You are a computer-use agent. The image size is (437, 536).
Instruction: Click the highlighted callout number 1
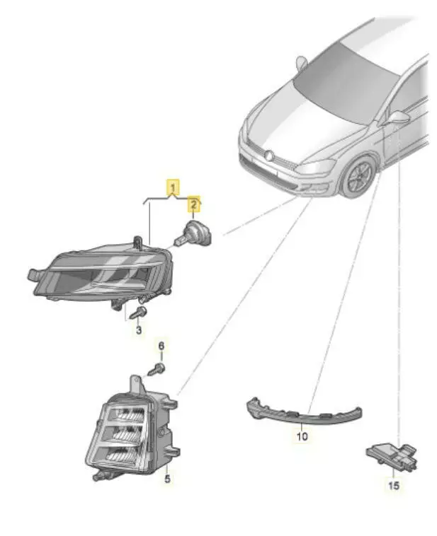174,187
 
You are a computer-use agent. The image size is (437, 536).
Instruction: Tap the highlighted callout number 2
194,205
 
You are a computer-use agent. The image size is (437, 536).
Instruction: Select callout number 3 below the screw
139,330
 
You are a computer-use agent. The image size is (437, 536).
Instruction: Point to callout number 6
161,346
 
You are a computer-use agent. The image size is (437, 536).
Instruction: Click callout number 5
167,479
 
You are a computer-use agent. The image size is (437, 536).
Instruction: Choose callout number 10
302,436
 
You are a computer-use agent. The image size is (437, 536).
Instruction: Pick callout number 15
394,485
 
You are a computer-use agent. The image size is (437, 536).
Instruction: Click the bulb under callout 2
193,234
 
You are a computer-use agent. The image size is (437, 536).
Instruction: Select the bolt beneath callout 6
157,369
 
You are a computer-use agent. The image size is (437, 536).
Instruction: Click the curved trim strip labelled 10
303,410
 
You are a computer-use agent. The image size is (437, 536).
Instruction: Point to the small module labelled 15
392,455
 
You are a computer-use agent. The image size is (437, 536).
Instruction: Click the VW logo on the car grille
269,156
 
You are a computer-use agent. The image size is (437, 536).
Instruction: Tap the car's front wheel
358,176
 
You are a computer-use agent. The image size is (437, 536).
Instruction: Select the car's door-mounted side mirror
397,118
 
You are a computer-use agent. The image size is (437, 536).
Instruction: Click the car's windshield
346,83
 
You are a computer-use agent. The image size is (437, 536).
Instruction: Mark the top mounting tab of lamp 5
136,384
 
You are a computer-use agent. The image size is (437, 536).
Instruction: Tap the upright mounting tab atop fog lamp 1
138,243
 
